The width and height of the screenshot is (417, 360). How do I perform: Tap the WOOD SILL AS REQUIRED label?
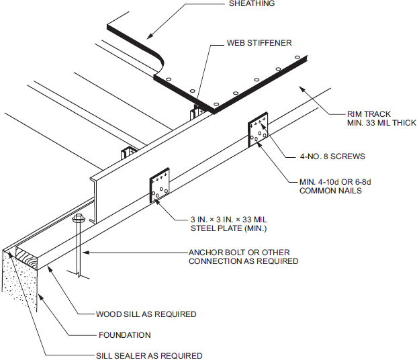146,314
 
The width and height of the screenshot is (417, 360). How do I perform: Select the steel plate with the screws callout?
259,132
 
